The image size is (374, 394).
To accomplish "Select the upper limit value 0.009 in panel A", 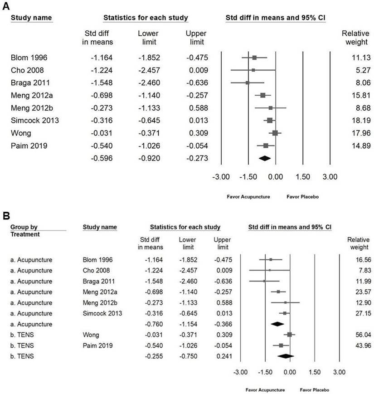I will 197,70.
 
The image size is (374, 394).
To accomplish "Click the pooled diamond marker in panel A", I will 264,158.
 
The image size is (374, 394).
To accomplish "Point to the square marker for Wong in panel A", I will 275,133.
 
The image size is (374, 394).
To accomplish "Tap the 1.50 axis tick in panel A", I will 302,176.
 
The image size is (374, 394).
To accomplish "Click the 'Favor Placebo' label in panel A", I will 302,197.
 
